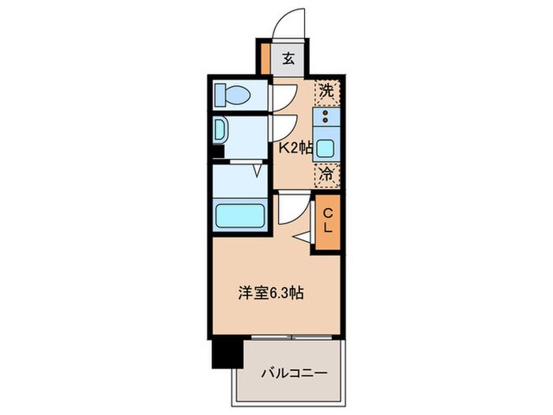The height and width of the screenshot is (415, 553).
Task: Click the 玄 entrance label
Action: (x=289, y=57)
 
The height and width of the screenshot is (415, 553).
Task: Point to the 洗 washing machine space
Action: (x=326, y=91)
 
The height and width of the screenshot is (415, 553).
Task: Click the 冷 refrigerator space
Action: (x=326, y=175)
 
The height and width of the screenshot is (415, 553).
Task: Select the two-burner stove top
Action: (x=326, y=119)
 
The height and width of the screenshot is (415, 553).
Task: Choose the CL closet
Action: (x=327, y=222)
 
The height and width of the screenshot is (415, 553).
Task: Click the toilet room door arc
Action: (x=283, y=96)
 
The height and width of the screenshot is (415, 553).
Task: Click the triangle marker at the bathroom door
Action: (x=258, y=169)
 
